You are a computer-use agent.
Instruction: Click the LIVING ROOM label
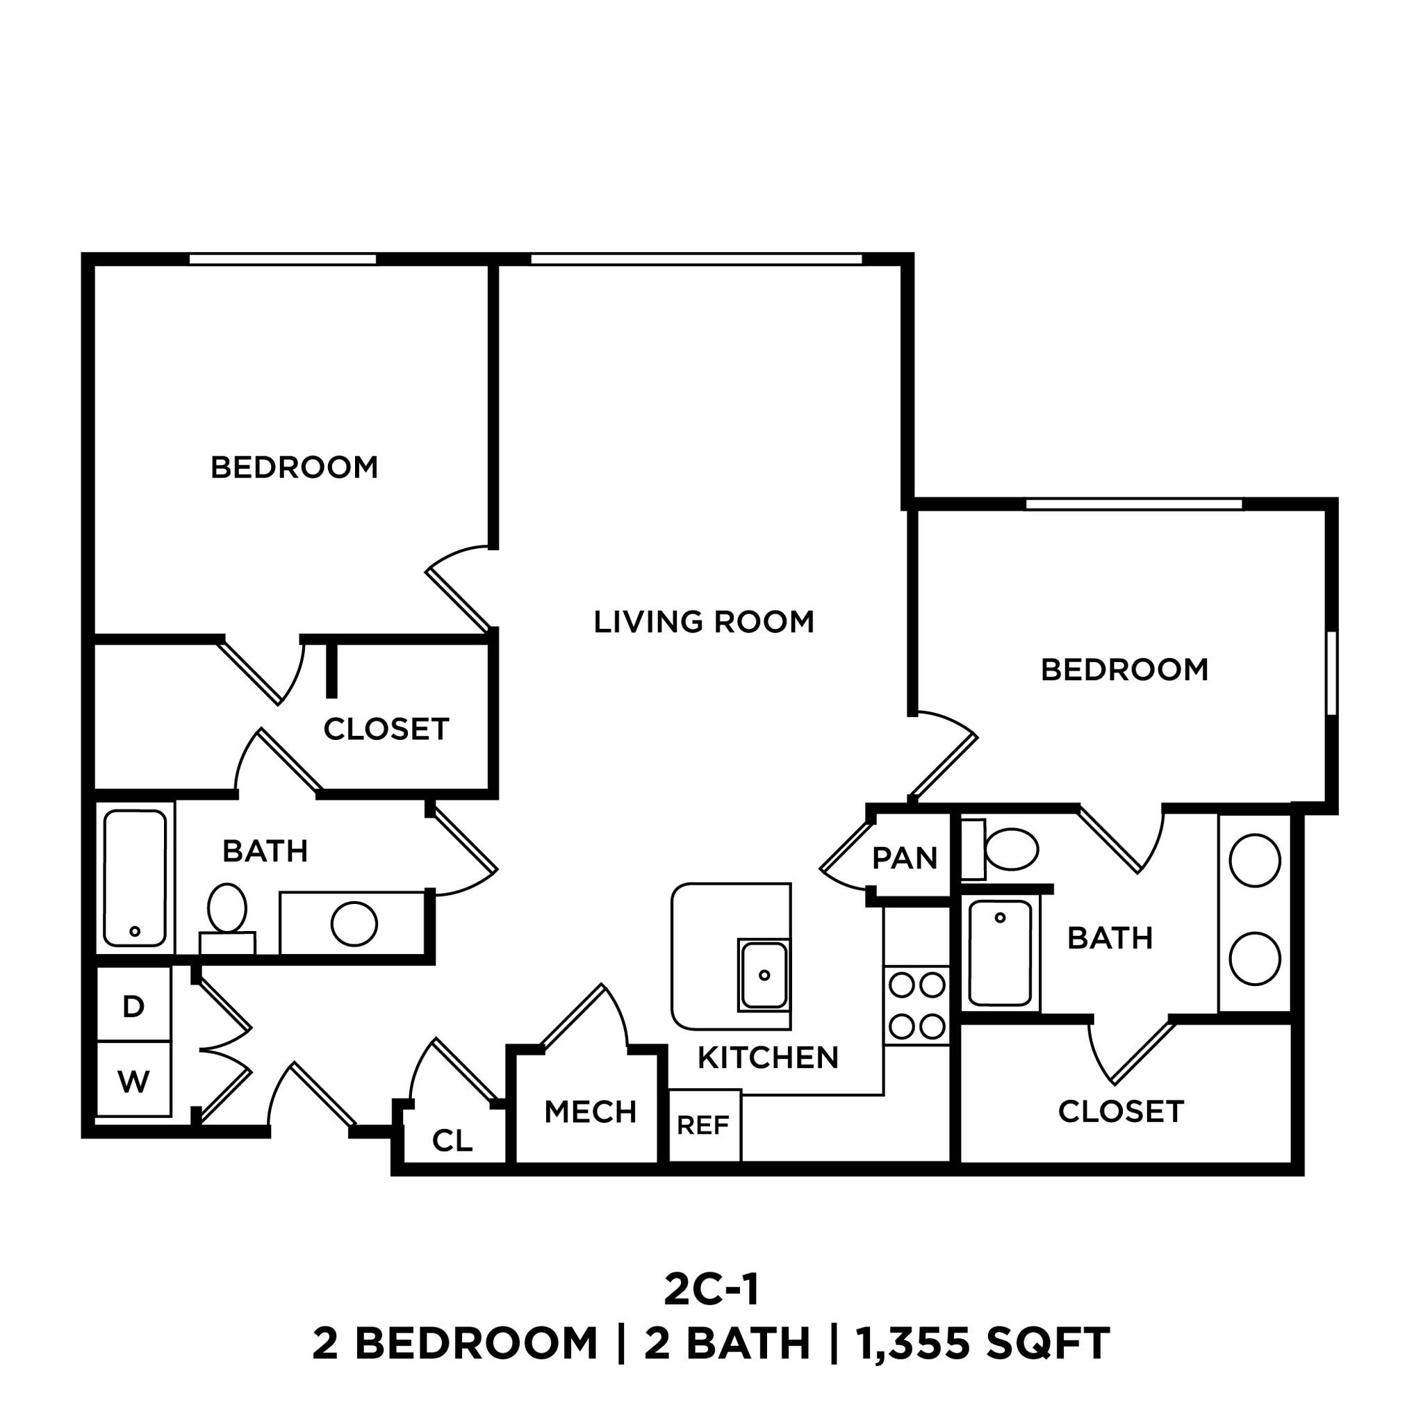coord(703,623)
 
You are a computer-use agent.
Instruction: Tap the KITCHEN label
coord(768,1058)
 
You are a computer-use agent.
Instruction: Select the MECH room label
coord(590,1112)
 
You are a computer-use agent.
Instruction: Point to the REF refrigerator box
coord(703,1126)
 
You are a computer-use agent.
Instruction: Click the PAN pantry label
coord(905,858)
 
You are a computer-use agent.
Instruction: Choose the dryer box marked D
coord(133,1006)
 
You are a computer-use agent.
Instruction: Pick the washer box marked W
coord(133,1081)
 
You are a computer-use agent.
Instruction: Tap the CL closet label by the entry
coord(452,1141)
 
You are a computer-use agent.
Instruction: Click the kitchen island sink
coord(764,975)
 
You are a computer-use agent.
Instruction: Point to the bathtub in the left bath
coord(135,878)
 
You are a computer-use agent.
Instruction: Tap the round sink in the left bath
coord(354,923)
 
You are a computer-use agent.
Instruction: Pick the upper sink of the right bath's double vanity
coord(1255,860)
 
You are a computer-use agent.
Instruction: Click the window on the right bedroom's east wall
coord(1331,673)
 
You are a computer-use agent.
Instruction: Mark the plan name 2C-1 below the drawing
coord(711,1290)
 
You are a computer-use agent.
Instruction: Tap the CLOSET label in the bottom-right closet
coord(1120,1112)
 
